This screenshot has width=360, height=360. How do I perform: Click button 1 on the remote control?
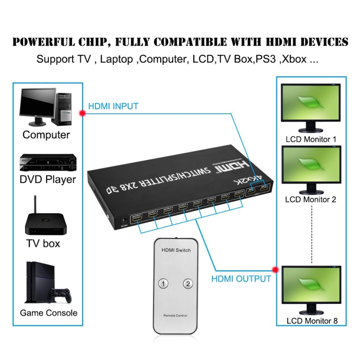coord(164,284)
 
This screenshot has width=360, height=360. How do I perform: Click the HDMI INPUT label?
coord(113,106)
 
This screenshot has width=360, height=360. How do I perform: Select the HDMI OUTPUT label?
coord(241,278)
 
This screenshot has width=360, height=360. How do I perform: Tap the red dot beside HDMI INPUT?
coord(82,113)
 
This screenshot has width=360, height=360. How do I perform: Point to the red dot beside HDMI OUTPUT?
coord(276,269)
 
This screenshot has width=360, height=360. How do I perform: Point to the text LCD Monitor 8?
coord(311,321)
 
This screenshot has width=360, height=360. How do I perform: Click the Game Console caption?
coord(48,313)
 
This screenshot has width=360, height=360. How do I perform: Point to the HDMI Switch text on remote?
coord(176,250)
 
